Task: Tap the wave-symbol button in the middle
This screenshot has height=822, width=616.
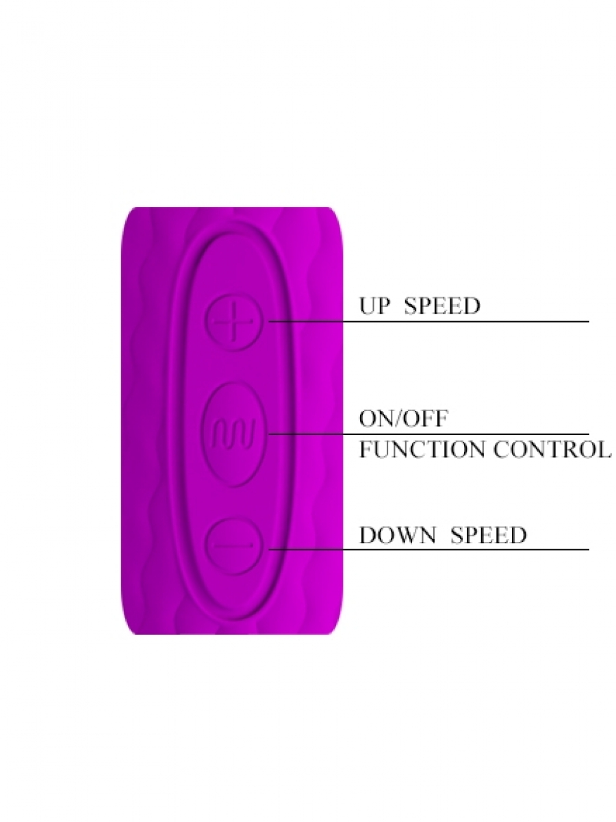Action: pos(234,434)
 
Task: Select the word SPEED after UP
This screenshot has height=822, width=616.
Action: pos(442,306)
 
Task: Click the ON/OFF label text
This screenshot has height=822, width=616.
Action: pos(404,419)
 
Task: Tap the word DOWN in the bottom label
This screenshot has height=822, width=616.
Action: pos(398,535)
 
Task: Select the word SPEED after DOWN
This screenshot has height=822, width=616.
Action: pos(489,535)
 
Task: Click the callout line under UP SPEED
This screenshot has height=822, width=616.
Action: pos(428,321)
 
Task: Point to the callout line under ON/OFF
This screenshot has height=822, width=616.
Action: pos(428,434)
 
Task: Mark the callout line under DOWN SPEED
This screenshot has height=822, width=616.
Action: pos(428,550)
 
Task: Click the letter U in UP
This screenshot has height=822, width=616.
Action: pos(368,306)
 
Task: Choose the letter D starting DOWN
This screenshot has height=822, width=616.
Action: pos(368,535)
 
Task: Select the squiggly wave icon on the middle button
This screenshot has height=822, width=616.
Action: pos(234,434)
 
